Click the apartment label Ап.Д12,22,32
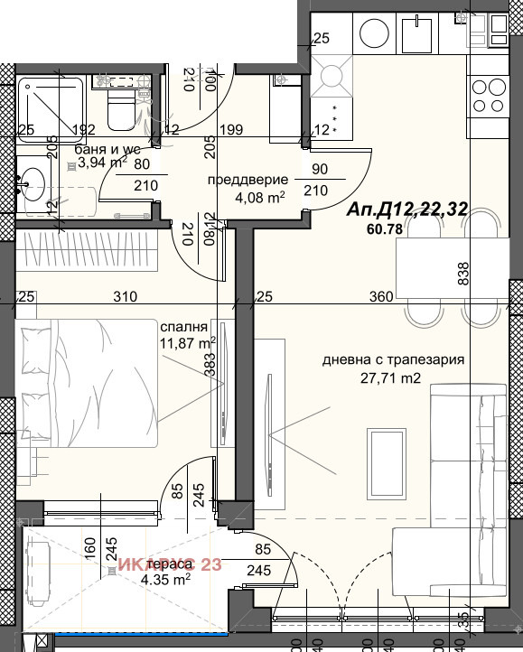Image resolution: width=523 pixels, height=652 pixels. tap(407, 210)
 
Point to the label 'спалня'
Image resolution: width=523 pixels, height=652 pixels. tap(184, 327)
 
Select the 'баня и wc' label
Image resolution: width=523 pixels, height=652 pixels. tap(107, 149)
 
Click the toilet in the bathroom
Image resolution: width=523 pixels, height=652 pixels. tap(117, 105)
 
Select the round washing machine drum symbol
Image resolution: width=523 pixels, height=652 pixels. tap(373, 34)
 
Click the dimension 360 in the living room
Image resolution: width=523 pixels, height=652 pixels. tap(381, 296)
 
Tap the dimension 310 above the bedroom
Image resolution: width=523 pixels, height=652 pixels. tap(125, 296)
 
